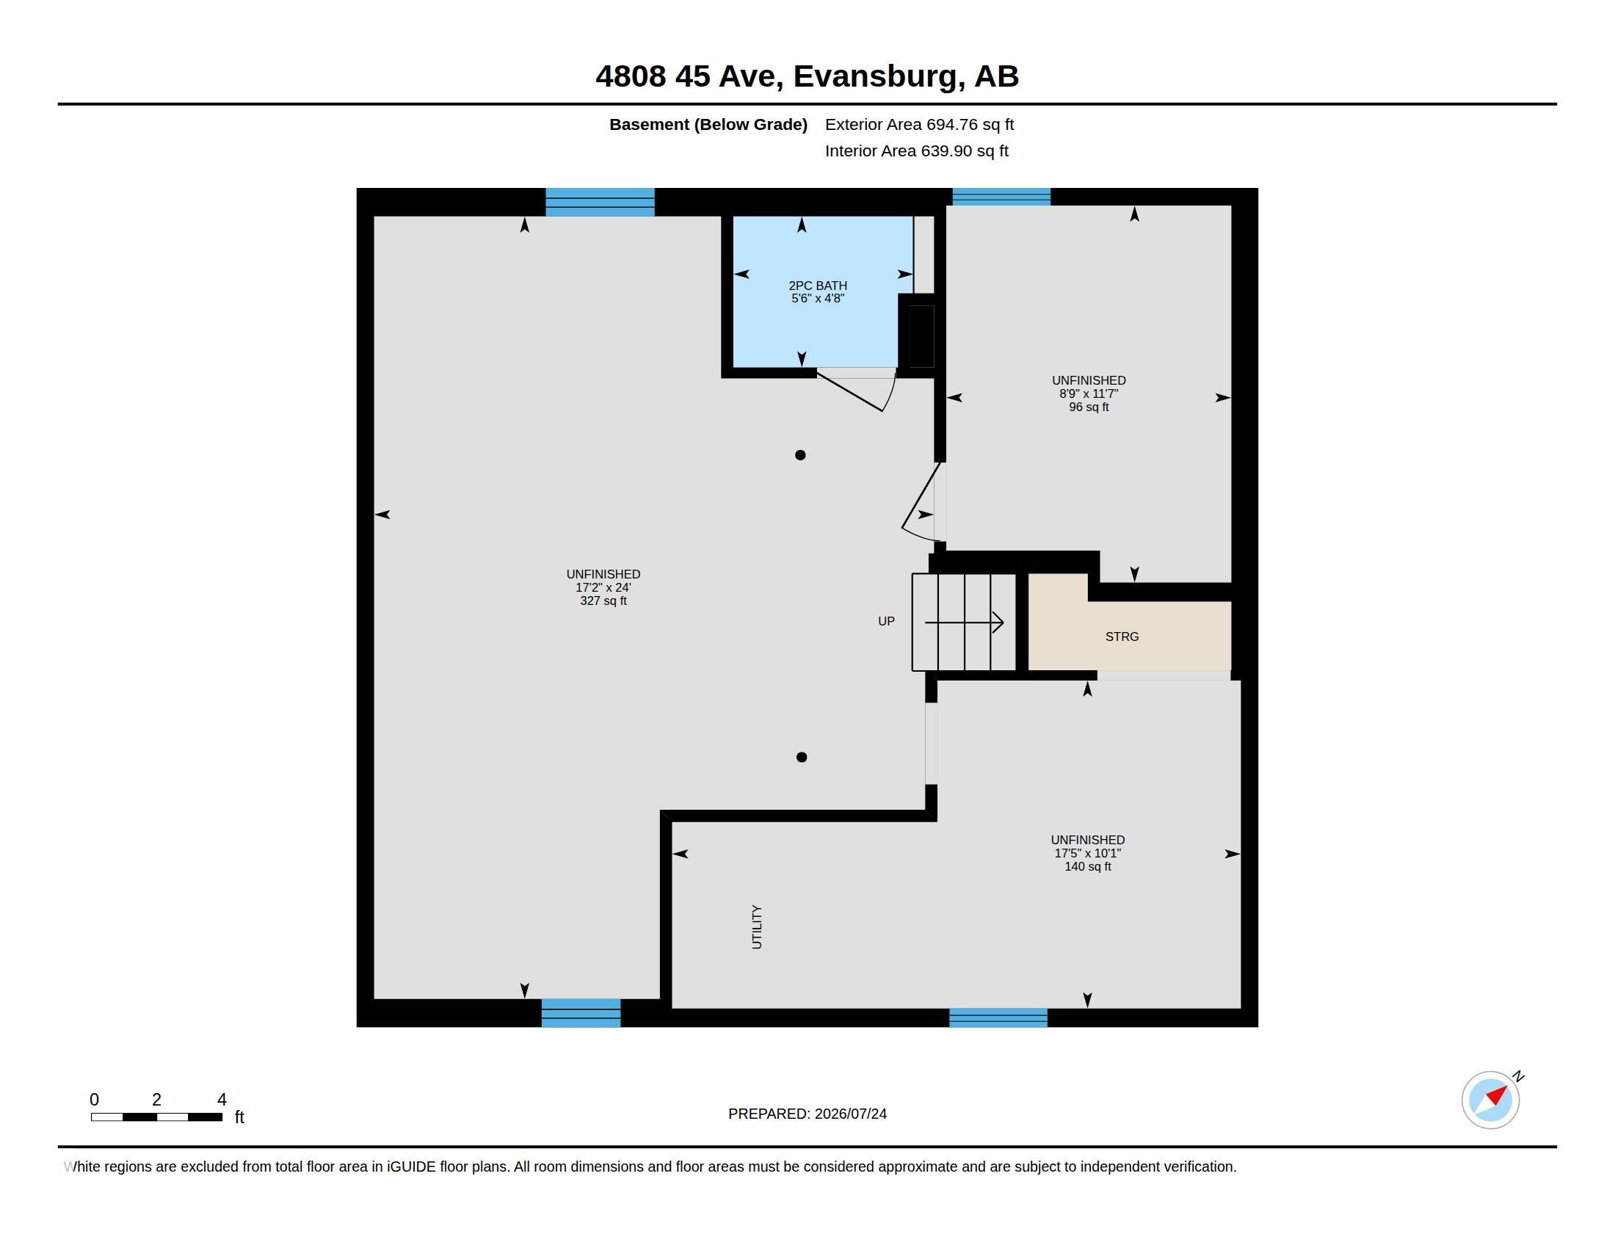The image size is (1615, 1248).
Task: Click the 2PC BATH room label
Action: tap(818, 286)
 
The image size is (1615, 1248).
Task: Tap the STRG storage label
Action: tap(1122, 636)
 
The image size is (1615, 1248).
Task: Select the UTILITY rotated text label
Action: tap(756, 927)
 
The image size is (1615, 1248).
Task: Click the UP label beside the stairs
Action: tap(886, 621)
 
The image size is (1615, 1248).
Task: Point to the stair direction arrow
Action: tap(965, 623)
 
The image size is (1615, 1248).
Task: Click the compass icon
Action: tap(1491, 1100)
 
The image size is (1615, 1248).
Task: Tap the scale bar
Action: tap(157, 1117)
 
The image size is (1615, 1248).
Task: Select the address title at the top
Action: tap(807, 76)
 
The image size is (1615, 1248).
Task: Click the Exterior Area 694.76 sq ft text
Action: tap(919, 124)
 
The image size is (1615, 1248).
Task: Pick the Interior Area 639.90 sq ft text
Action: tap(917, 150)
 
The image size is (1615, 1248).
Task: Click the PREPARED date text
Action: tap(807, 1114)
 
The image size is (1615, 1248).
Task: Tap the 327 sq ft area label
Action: tap(603, 601)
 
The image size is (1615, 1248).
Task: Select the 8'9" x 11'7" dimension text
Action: tap(1089, 394)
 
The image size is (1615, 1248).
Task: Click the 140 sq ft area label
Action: tap(1088, 866)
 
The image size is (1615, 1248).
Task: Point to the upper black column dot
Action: tap(800, 455)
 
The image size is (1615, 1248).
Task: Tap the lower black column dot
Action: tap(802, 757)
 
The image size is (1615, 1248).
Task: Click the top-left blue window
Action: tap(600, 202)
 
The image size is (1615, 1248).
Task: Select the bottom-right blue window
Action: tap(998, 1018)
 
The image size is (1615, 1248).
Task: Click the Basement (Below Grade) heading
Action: tap(708, 124)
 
